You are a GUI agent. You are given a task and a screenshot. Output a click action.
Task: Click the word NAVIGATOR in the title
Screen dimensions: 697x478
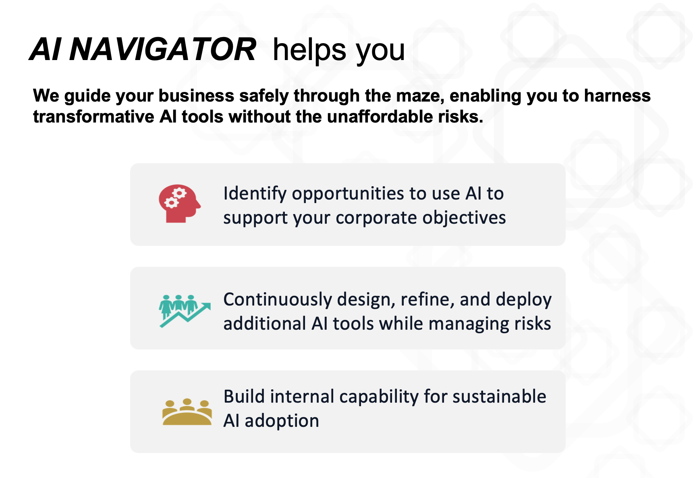pyautogui.click(x=162, y=49)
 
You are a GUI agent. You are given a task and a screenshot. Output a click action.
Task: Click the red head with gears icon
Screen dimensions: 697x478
pyautogui.click(x=180, y=204)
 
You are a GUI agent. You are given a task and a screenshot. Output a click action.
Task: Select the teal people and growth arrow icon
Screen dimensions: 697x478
pyautogui.click(x=185, y=311)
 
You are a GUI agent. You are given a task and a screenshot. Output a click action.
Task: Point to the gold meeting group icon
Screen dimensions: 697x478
pyautogui.click(x=187, y=411)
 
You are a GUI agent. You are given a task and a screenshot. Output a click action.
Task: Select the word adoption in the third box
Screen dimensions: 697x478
pyautogui.click(x=282, y=421)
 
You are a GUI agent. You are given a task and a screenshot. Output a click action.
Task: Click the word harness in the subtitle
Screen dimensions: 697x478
pyautogui.click(x=617, y=96)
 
